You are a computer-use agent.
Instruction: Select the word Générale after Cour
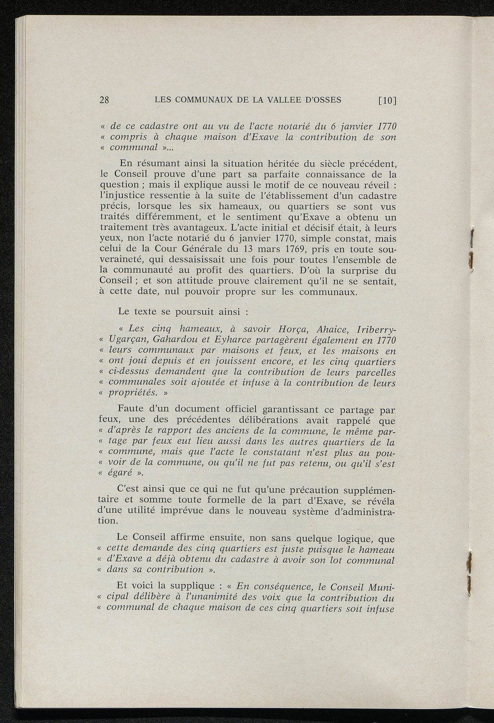pyautogui.click(x=202, y=249)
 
